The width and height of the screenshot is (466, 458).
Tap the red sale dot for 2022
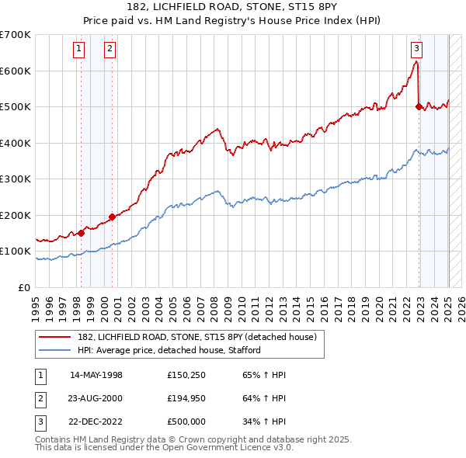pyautogui.click(x=419, y=106)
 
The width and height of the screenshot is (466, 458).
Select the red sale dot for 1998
pyautogui.click(x=81, y=233)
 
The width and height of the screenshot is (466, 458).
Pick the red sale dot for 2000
pyautogui.click(x=112, y=217)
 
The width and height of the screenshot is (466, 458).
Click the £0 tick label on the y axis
pyautogui.click(x=24, y=287)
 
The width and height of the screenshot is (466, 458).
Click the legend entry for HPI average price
pyautogui.click(x=169, y=350)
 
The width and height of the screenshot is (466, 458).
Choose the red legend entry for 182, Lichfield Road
pyautogui.click(x=196, y=338)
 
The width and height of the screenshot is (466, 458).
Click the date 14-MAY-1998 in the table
pyautogui.click(x=96, y=375)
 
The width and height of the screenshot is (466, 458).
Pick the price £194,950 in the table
pyautogui.click(x=186, y=398)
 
